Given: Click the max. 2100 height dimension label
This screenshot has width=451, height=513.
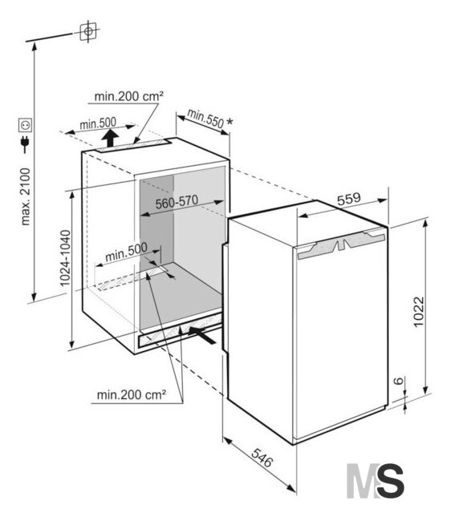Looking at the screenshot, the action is click(x=25, y=196).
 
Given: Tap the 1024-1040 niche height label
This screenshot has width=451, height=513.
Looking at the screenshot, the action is click(x=65, y=258).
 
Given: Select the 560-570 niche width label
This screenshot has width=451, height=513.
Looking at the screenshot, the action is click(x=177, y=201).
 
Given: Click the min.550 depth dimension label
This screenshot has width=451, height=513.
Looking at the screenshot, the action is click(x=205, y=119).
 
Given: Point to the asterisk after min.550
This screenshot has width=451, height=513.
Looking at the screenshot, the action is click(x=230, y=123).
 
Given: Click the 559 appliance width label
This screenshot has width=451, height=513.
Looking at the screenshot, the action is click(x=349, y=199).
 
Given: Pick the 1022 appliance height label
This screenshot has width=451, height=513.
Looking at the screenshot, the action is click(x=419, y=312).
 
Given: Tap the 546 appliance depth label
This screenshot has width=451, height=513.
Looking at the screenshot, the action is click(x=262, y=458).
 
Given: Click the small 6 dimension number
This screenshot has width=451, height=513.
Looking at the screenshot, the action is click(x=398, y=381).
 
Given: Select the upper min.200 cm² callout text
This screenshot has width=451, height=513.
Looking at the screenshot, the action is click(x=128, y=96).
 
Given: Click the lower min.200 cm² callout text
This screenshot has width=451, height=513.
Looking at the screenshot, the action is click(x=132, y=395).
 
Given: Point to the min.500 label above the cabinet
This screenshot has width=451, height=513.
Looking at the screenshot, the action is click(x=98, y=123).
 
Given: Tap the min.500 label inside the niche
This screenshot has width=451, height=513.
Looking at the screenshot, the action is click(x=127, y=252).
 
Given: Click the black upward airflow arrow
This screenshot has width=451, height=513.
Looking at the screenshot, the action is click(x=110, y=138).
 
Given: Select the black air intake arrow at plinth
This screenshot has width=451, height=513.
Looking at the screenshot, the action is click(x=202, y=335).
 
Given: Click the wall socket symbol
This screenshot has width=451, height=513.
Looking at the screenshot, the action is click(x=25, y=125).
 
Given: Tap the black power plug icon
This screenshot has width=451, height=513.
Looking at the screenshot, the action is click(x=25, y=144).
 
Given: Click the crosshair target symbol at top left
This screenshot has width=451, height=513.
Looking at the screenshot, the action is click(x=88, y=31).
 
